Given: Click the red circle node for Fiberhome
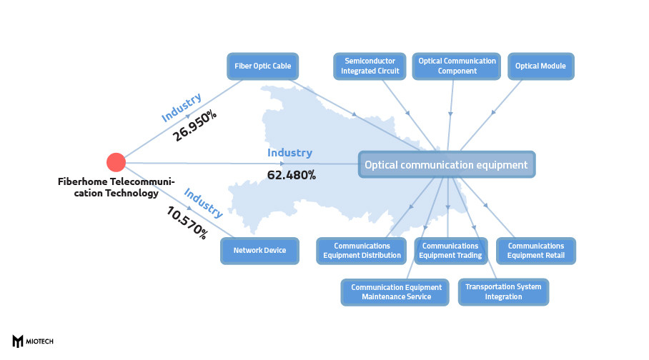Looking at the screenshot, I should [116, 163].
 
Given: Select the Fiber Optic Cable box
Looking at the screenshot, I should [262, 66].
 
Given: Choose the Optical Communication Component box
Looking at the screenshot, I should [457, 66].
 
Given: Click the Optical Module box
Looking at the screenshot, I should [540, 66].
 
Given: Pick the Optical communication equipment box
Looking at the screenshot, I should [446, 165].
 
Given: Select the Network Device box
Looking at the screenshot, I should [259, 250].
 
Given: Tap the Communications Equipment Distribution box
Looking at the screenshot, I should [362, 251].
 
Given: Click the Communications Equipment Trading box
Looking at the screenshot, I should [450, 251].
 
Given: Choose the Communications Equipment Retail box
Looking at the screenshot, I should [535, 251].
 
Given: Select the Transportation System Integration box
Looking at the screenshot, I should [503, 291].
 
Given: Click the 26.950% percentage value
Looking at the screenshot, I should [194, 125].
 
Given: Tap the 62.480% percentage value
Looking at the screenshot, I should [291, 174].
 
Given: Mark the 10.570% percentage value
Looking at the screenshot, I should [187, 223].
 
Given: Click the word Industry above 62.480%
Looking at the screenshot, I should [289, 153].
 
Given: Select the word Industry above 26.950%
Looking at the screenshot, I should [181, 107].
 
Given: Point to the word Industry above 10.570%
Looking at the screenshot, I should [203, 204].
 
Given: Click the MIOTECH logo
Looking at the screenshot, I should [34, 341].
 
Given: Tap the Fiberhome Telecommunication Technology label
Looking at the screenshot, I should [116, 187].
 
